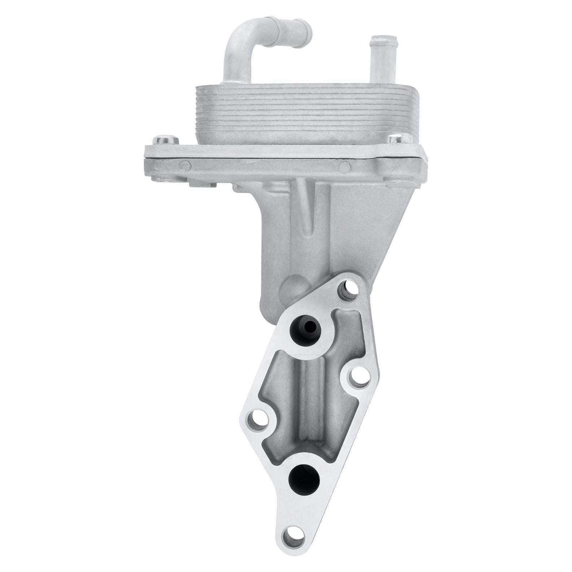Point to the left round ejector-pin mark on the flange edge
(185, 166)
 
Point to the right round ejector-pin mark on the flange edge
(344, 166)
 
